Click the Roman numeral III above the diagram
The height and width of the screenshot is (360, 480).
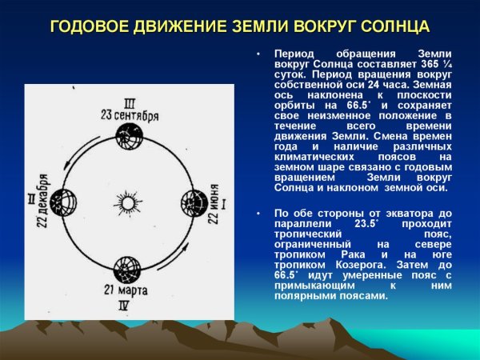pos(129,102)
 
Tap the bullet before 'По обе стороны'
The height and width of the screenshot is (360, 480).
pos(258,214)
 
